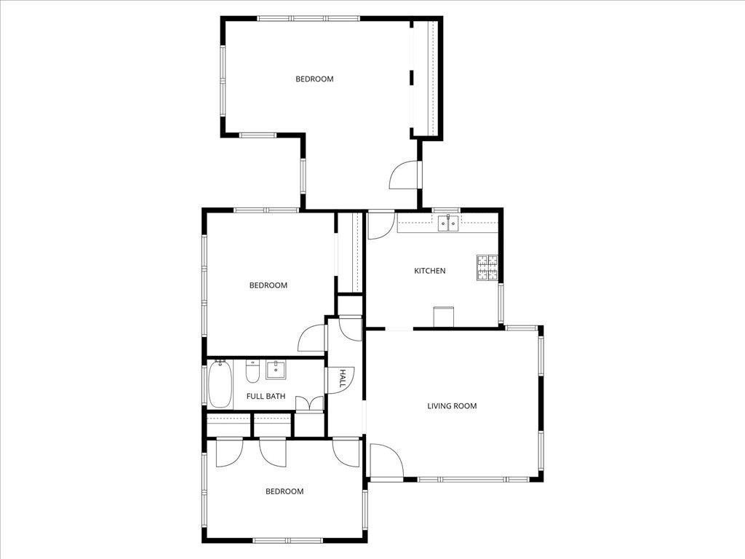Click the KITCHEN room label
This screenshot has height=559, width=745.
(x=430, y=271)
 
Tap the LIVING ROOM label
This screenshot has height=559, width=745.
(x=452, y=405)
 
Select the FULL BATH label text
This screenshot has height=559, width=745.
(x=266, y=397)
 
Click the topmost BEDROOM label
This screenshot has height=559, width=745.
(x=314, y=79)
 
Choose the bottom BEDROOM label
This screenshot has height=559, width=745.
(x=284, y=491)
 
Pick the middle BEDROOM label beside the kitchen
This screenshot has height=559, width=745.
(x=268, y=285)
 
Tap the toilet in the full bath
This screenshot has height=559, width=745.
(x=252, y=372)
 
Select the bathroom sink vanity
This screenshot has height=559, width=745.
(x=276, y=370)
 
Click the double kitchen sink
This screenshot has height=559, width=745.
(x=448, y=223)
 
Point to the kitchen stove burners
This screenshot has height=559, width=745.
(x=487, y=267)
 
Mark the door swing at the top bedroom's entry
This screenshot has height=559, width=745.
(x=405, y=175)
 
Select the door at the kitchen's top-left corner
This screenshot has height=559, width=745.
(x=380, y=225)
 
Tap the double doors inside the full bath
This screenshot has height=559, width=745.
(x=311, y=404)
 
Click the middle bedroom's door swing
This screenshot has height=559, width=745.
(x=314, y=338)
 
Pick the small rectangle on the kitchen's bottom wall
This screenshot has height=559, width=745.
(x=444, y=317)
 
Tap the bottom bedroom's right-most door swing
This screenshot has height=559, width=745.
(x=347, y=452)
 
